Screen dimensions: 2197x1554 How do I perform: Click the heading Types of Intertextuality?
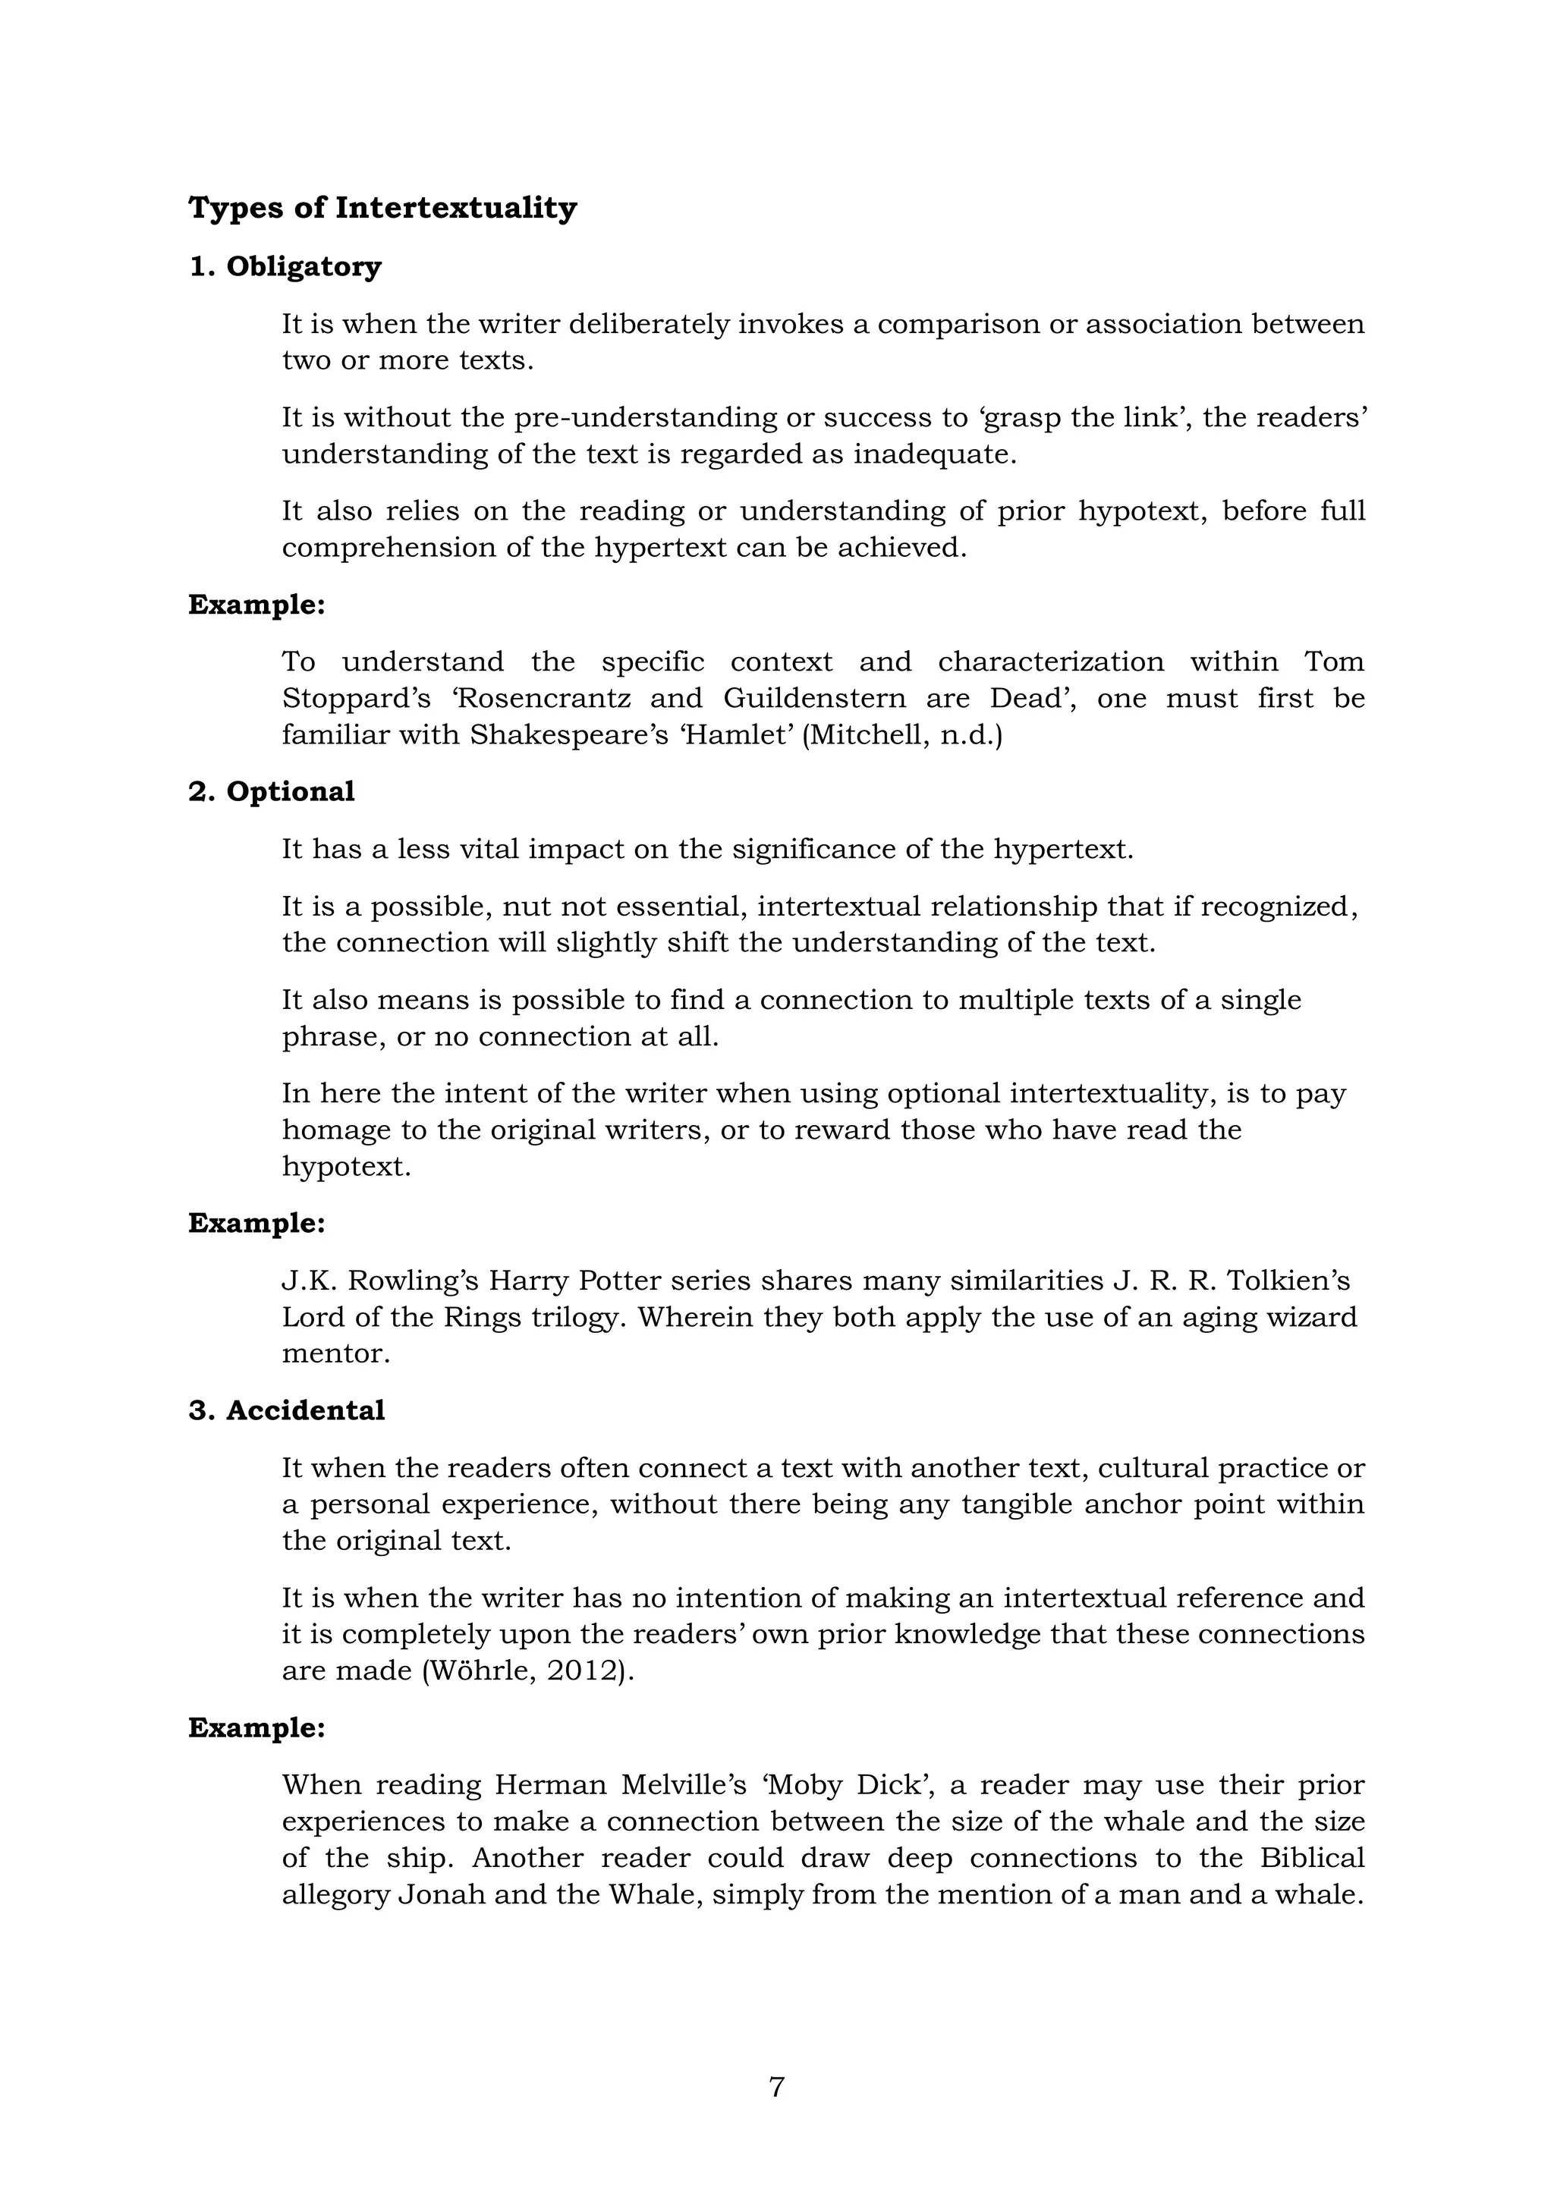(382, 208)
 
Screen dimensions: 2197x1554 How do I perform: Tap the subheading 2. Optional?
(271, 791)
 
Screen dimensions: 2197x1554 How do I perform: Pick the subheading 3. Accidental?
(286, 1410)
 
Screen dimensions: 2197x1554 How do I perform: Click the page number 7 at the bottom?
(776, 2087)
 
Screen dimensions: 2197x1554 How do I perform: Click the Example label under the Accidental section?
(256, 1728)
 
